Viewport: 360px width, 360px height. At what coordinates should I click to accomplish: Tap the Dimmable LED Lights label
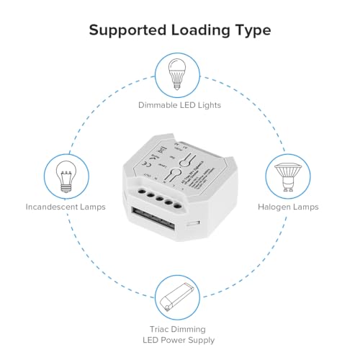tap(179, 105)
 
